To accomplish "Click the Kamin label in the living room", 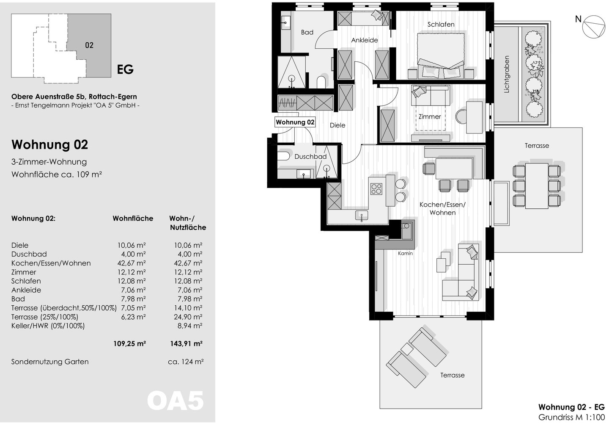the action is (x=405, y=253).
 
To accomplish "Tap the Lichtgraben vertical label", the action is (x=507, y=75).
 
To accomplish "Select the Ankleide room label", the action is (x=364, y=40).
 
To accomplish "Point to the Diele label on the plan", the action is (x=337, y=125).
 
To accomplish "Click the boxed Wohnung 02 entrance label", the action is (x=295, y=122).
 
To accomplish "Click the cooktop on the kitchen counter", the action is (x=376, y=189).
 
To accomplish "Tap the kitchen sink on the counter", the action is (x=362, y=215).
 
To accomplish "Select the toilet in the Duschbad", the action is (x=283, y=156).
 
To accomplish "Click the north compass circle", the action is (x=594, y=27).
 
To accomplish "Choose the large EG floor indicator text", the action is (x=125, y=69).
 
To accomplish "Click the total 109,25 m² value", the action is (x=130, y=343).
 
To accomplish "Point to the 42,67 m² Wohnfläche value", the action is (x=132, y=263).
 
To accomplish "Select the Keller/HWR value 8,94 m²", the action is (x=190, y=326).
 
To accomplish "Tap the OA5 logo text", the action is (x=176, y=401).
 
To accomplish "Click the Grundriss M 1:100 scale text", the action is (x=571, y=417).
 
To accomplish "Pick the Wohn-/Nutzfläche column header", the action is (x=188, y=223).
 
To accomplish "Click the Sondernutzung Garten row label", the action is (x=50, y=362).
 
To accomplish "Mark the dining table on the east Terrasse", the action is (x=537, y=186).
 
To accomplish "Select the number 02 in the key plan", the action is (x=89, y=45).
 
